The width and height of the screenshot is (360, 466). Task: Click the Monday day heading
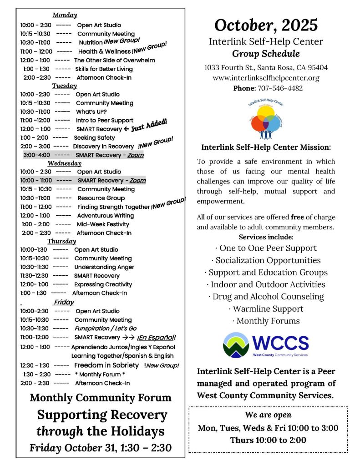tap(65, 15)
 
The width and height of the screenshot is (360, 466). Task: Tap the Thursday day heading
tap(61, 241)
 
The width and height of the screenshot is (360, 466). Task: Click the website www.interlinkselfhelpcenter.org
tap(266, 78)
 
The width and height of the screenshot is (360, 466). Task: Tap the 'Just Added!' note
tap(149, 125)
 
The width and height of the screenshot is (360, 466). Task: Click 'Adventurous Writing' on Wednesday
tap(105, 215)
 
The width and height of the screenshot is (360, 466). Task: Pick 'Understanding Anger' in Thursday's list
tap(104, 267)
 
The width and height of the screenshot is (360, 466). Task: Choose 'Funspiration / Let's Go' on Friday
tap(106, 328)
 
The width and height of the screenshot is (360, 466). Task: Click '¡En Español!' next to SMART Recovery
tap(156, 337)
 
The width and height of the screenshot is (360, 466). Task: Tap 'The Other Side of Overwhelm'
tap(114, 60)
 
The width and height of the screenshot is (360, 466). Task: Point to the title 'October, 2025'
tap(266, 25)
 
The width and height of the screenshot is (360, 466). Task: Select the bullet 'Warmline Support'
tap(266, 309)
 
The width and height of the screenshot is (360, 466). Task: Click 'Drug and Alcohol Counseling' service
tap(266, 296)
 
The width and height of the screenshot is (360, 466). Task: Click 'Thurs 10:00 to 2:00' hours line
tap(268, 440)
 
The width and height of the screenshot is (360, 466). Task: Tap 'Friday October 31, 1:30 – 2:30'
tap(101, 448)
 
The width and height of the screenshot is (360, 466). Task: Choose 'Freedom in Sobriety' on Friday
tap(106, 365)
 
